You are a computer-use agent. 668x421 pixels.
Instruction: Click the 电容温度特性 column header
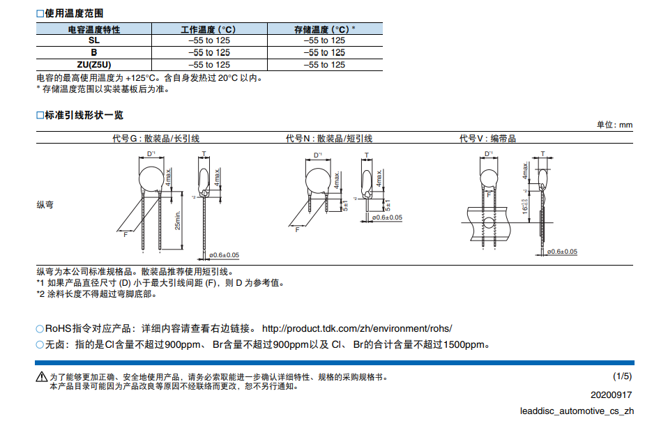[x=93, y=29]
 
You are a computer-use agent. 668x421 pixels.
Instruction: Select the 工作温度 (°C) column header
[x=208, y=29]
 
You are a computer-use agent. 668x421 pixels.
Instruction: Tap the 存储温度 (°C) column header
[x=324, y=29]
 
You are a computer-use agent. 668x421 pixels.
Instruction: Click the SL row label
[x=93, y=40]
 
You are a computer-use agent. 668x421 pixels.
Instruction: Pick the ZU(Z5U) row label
[x=93, y=64]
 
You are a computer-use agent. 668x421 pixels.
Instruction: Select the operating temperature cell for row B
[x=208, y=52]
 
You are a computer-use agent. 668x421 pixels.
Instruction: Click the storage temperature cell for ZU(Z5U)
[x=324, y=64]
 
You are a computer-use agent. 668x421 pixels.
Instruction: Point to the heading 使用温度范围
[x=74, y=13]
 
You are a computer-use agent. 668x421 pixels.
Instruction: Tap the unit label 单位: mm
[x=614, y=125]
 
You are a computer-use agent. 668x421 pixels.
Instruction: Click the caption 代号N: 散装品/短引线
[x=329, y=139]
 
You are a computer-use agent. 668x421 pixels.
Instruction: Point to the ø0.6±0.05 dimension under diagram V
[x=562, y=252]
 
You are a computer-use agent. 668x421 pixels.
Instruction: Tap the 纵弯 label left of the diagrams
[x=45, y=205]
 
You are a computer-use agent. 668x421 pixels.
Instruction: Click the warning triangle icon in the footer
[x=42, y=377]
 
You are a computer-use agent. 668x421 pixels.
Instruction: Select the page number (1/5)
[x=622, y=376]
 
